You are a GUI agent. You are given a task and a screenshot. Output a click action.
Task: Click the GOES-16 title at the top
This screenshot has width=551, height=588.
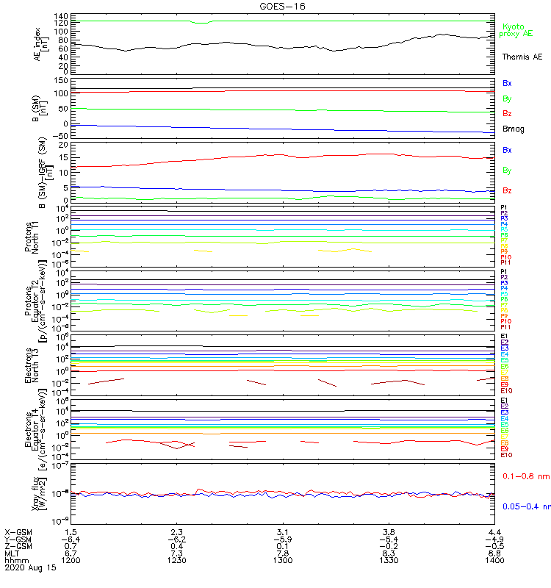tap(283, 6)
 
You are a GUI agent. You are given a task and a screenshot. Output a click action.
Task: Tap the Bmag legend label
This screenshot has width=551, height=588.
tap(513, 129)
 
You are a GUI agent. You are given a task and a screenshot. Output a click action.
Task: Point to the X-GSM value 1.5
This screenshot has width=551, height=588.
tap(71, 531)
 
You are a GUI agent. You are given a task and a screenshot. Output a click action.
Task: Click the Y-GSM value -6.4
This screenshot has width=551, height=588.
tap(70, 539)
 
